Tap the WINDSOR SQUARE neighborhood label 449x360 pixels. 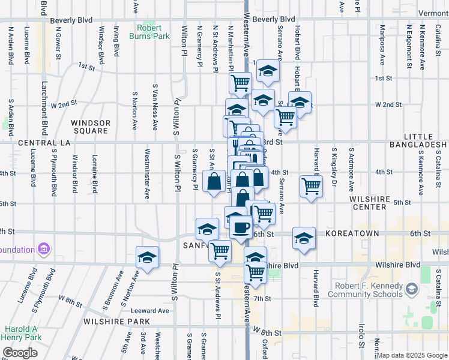(91, 127)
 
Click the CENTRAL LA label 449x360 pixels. (44, 143)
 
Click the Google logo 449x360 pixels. (20, 353)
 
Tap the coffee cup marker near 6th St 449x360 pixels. (241, 227)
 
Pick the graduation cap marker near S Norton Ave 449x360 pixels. (147, 258)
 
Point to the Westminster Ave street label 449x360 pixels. (148, 175)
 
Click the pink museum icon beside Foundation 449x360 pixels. (43, 248)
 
